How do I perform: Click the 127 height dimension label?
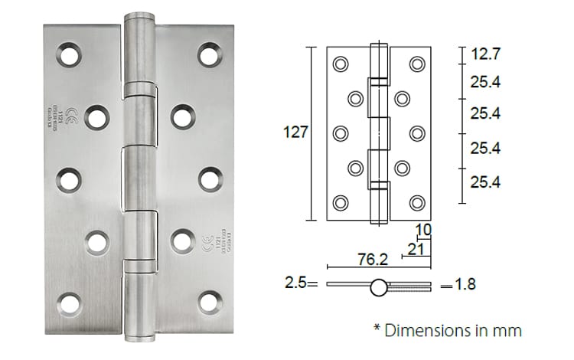pyautogui.click(x=295, y=133)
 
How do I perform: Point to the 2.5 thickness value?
pyautogui.click(x=295, y=284)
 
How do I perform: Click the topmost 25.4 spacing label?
pyautogui.click(x=485, y=83)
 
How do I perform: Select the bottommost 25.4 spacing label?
pyautogui.click(x=485, y=182)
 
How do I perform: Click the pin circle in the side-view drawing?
pyautogui.click(x=379, y=288)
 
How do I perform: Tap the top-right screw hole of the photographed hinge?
pyautogui.click(x=210, y=55)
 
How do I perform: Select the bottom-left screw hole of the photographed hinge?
pyautogui.click(x=69, y=303)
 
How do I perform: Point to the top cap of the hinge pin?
pyautogui.click(x=139, y=17)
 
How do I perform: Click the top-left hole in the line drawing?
pyautogui.click(x=341, y=64)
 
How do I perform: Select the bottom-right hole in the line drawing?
pyautogui.click(x=416, y=202)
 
